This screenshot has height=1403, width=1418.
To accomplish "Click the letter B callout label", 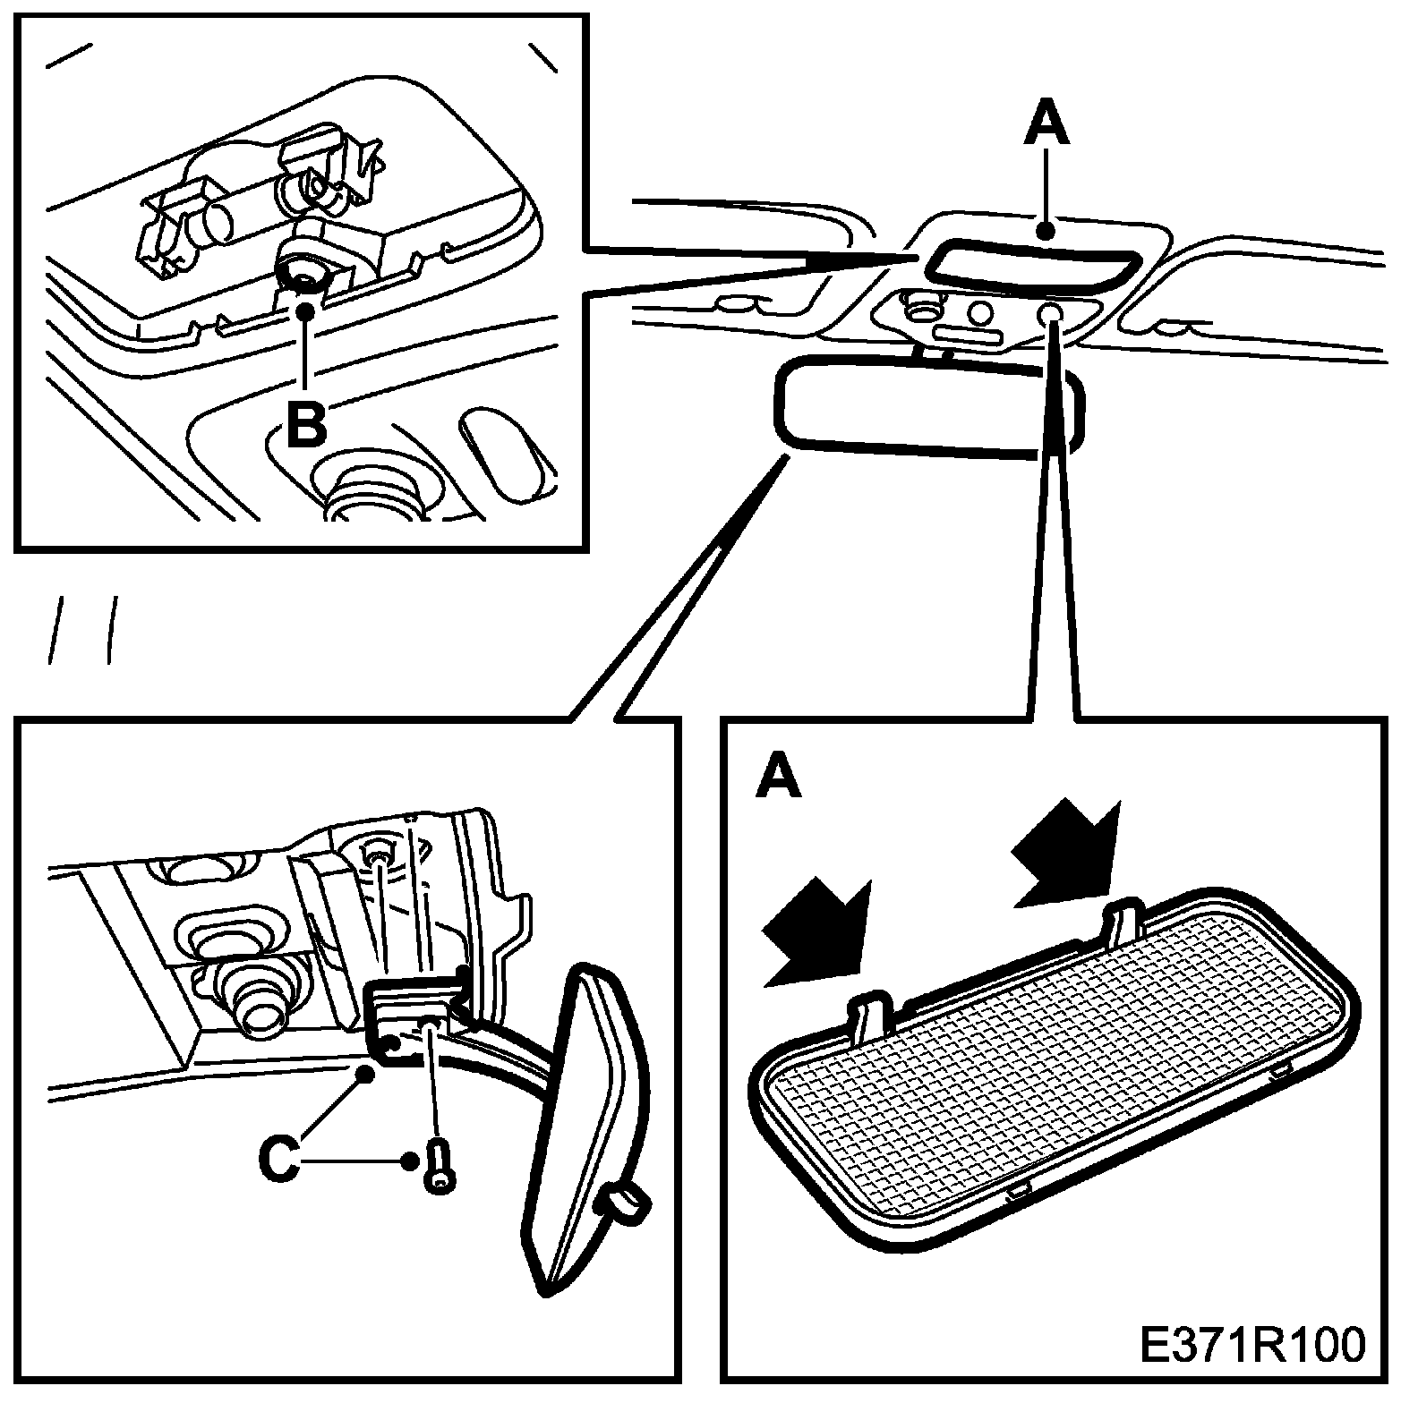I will click(x=306, y=424).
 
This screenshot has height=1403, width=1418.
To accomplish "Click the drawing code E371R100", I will click(x=1253, y=1344).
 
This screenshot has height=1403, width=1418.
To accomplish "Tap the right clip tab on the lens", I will click(x=1124, y=923).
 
